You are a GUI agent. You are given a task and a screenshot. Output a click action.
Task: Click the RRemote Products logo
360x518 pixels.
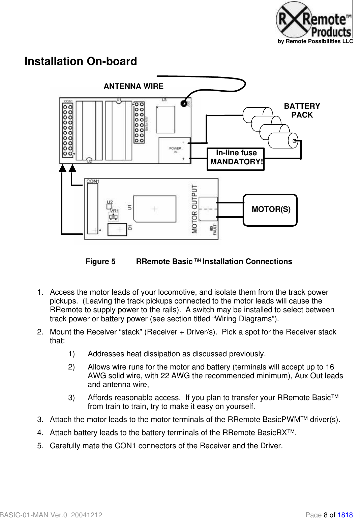[x=314, y=21]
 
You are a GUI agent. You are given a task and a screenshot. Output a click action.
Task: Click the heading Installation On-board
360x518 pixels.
[x=81, y=61]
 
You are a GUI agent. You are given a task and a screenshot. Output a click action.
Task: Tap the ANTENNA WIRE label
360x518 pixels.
[x=133, y=86]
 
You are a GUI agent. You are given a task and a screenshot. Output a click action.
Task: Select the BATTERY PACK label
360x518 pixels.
[x=302, y=110]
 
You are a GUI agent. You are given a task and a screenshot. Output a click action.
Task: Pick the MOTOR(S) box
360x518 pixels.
[x=270, y=209]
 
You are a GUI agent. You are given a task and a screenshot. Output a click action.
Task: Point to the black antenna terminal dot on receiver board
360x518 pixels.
[x=184, y=103]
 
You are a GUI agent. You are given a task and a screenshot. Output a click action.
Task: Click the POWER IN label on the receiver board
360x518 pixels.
[x=175, y=150]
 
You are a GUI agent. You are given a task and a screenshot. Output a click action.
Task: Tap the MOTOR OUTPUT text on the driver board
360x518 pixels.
[x=194, y=209]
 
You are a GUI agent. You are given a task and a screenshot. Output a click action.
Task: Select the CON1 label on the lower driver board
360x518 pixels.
[x=93, y=181]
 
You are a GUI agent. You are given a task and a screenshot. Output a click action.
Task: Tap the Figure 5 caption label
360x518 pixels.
[x=100, y=262]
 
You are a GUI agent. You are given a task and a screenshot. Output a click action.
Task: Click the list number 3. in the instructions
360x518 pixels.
[x=40, y=420]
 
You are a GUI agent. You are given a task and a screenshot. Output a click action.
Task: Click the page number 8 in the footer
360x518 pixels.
[x=326, y=515]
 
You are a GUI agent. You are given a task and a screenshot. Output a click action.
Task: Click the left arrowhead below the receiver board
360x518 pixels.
[x=63, y=168]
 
